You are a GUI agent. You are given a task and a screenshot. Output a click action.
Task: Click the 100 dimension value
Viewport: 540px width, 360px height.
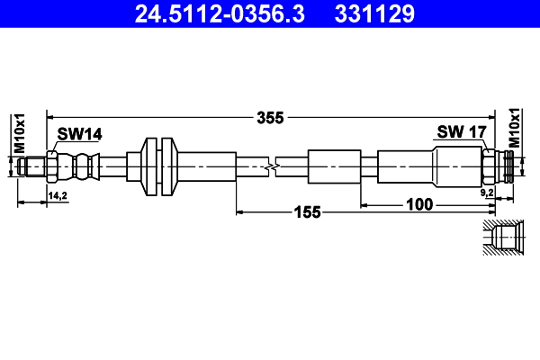[x=419, y=205]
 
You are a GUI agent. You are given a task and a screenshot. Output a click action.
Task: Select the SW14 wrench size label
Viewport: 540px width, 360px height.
[x=80, y=133]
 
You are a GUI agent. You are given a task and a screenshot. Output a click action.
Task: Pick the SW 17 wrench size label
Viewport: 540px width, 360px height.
[x=462, y=131]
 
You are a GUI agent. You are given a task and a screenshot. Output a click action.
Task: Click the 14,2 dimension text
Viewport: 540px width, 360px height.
[x=57, y=194]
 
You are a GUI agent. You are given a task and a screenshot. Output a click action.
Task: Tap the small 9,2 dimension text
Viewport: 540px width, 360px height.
[x=487, y=193]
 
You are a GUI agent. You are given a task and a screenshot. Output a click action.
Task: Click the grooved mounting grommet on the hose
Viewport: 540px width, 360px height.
[x=157, y=166]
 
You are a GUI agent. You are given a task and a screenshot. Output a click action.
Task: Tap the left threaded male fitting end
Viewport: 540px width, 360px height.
[x=32, y=166]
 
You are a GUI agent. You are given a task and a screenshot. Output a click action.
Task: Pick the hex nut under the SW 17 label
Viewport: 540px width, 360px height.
[x=488, y=166]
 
